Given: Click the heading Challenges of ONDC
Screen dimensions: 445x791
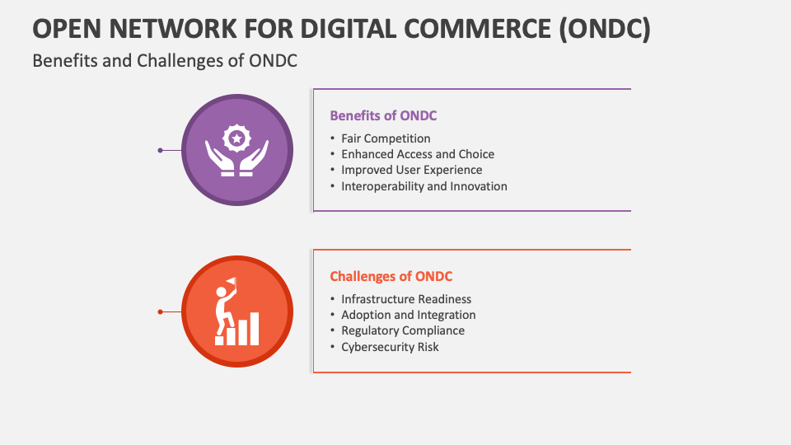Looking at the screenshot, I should [391, 276].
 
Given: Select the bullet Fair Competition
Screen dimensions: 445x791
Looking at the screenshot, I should [386, 138].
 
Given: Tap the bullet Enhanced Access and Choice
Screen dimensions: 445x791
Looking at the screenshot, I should [418, 154].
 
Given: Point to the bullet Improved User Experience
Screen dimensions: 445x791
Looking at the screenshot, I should [411, 170].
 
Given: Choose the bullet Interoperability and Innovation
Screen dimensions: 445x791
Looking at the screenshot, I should [424, 186].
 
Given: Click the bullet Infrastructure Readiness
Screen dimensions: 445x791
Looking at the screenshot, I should [406, 299].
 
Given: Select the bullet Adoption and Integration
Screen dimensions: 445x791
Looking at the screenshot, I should [408, 315].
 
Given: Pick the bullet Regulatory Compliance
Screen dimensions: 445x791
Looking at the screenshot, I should [403, 330].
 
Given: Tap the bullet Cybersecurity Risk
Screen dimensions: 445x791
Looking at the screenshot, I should [390, 347].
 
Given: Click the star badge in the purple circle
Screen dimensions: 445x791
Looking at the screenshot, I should [237, 138].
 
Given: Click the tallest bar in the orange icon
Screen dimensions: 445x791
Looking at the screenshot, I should [255, 328].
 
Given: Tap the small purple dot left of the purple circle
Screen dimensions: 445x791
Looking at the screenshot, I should [160, 150].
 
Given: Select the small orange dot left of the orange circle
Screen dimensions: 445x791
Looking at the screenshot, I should [160, 311].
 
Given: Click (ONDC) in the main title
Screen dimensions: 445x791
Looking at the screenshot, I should [605, 28].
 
